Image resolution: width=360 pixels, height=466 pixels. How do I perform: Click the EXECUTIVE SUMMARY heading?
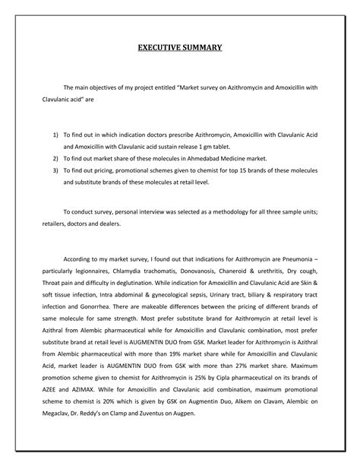pyautogui.click(x=179, y=48)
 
